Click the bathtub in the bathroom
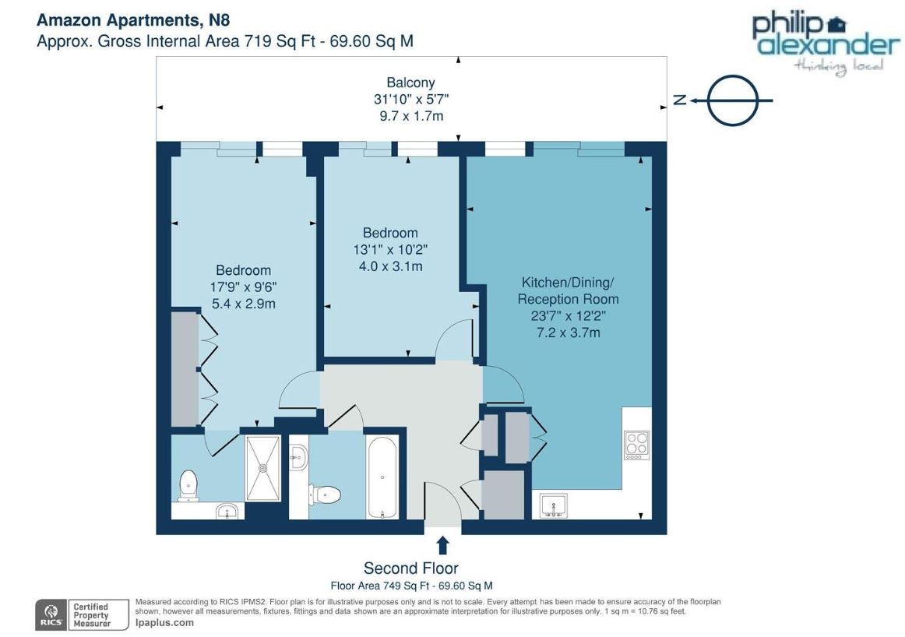coord(382,477)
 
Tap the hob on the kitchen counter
coord(636,445)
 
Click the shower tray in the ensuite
coord(263,468)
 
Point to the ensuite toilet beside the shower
coord(188,486)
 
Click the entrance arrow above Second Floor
coord(442,545)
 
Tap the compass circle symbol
coord(733,100)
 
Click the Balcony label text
coord(411,83)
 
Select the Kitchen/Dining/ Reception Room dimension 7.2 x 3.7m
coord(569,333)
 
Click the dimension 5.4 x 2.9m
coord(244,304)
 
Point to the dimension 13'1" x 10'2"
coord(390,249)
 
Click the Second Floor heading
coord(411,568)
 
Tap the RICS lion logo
coord(51,615)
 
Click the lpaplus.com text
coord(164,622)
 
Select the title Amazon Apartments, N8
coord(133,20)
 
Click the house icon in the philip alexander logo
coord(836,25)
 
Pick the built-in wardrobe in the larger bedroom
coord(185,369)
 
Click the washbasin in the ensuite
coord(229,511)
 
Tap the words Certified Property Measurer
coord(91,615)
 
